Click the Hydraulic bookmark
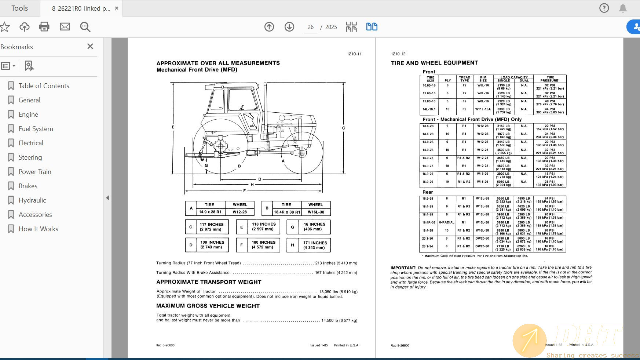32,200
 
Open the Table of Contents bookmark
44,86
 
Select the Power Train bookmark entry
35,172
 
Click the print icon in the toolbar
44,27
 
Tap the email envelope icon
65,27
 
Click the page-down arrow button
289,27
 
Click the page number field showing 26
311,27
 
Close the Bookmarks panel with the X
90,46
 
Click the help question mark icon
604,8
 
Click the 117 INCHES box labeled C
212,227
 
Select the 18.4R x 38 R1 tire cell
287,212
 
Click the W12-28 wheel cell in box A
239,212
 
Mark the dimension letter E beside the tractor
173,127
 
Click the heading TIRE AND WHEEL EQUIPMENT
434,63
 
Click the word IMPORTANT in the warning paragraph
403,268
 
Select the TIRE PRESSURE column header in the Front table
550,79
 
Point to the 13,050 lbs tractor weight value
338,292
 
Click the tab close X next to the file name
117,8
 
